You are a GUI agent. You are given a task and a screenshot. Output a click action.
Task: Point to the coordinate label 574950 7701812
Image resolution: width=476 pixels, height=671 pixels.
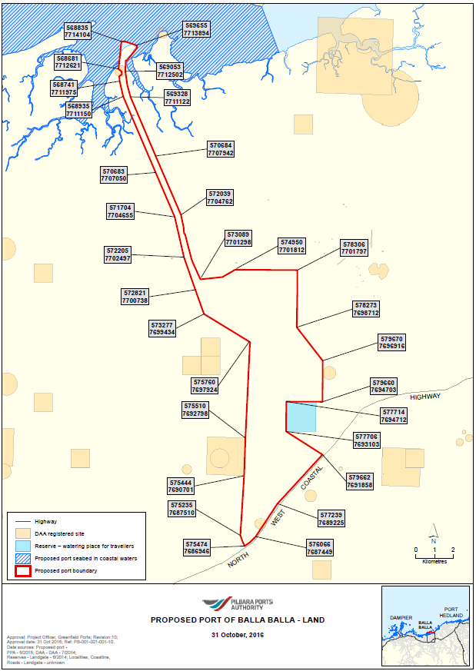292,246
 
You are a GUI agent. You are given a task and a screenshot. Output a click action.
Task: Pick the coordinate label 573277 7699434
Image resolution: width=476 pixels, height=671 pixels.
163,328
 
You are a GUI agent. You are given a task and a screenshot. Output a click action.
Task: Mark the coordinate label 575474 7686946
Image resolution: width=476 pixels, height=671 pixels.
197,547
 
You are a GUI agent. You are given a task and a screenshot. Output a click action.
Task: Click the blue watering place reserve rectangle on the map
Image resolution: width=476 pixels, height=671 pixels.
301,416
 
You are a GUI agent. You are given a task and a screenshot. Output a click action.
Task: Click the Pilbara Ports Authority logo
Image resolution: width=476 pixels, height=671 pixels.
237,605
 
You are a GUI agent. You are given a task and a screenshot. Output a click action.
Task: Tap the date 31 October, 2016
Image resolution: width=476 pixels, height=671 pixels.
237,635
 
